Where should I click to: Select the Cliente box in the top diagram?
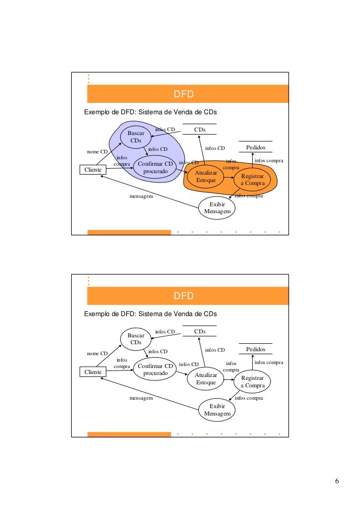93,170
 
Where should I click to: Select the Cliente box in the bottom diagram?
93,372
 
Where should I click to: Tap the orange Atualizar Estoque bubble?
206,177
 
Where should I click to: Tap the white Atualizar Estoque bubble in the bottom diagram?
206,378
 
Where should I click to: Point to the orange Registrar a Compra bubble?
252,180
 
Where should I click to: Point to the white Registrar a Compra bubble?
253,382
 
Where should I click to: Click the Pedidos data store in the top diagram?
256,147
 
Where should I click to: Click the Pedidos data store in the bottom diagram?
256,349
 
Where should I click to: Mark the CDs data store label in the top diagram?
200,130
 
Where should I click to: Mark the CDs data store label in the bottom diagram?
200,331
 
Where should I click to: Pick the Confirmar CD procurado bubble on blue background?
155,168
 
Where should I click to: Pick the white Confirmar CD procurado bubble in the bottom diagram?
155,370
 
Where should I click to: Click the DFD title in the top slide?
183,94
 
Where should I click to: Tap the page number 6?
337,482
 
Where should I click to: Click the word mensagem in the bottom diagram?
141,398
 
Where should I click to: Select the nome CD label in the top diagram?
97,151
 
